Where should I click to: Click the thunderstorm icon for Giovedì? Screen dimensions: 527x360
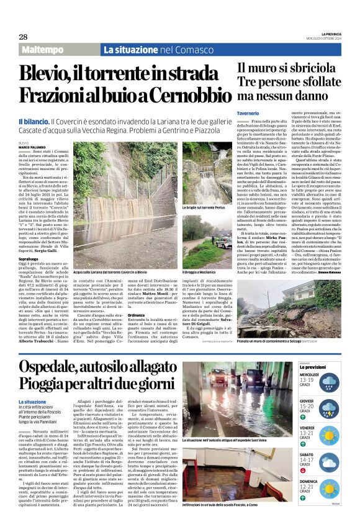click(x=330, y=407)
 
